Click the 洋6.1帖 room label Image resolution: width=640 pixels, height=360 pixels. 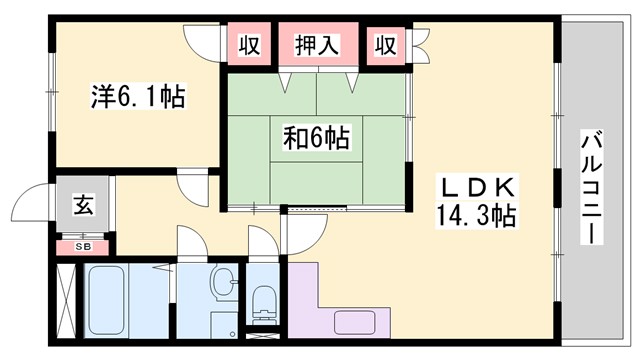(137, 97)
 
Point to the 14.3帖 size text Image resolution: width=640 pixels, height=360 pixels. (475, 214)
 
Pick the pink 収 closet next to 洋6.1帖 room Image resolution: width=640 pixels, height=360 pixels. (250, 45)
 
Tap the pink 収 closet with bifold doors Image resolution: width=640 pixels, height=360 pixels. (385, 45)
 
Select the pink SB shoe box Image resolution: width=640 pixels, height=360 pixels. (83, 245)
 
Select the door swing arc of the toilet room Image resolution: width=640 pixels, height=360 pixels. (260, 240)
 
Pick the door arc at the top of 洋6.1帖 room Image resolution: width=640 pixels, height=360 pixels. (201, 36)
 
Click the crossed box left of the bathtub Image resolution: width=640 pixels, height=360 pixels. (66, 300)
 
